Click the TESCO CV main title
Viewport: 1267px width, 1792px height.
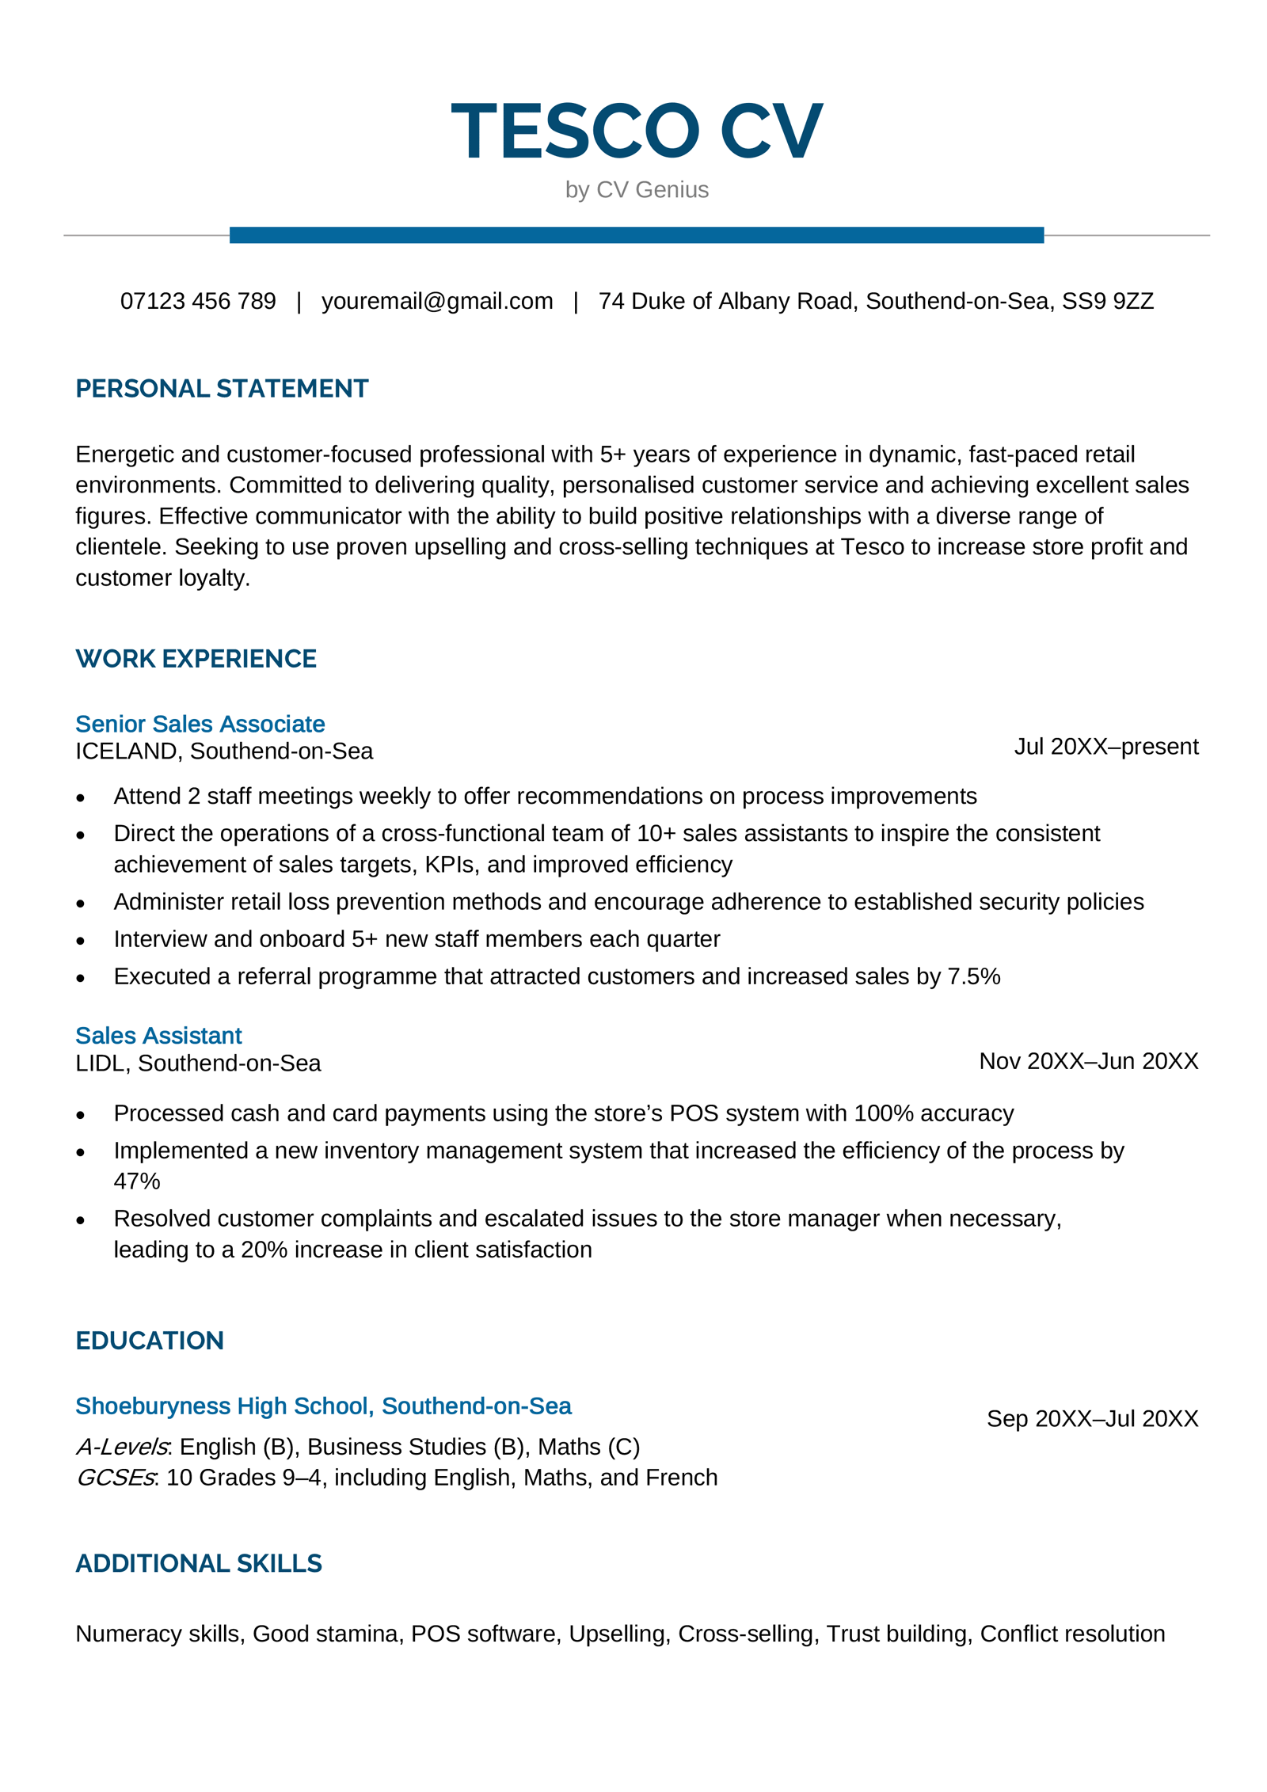636,131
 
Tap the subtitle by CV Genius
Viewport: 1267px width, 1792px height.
636,190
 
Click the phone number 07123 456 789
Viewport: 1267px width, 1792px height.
198,301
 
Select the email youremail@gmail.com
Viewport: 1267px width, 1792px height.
437,301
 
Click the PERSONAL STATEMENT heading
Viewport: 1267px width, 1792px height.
222,388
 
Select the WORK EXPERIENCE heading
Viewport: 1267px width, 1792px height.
196,658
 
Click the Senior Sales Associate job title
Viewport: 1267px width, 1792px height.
200,724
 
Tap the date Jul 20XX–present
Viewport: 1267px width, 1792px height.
1105,746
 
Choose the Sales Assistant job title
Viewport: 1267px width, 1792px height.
158,1035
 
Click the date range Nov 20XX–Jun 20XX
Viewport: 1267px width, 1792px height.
1088,1060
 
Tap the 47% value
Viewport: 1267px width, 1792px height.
136,1181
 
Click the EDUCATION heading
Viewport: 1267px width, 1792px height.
150,1340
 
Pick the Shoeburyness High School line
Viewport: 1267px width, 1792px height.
323,1406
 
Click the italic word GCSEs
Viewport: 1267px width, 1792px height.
116,1477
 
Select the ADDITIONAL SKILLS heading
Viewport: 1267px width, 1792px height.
199,1563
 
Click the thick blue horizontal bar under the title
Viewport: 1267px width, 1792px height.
636,235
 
